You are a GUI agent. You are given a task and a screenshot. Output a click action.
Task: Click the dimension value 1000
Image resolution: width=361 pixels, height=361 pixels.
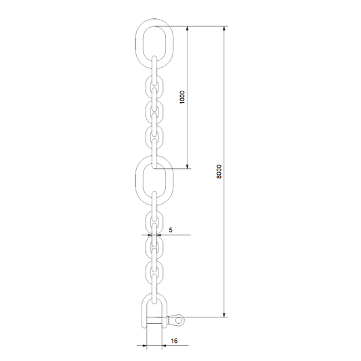[x=182, y=97]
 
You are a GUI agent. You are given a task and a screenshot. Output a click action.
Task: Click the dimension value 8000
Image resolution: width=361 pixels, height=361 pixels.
[x=219, y=171]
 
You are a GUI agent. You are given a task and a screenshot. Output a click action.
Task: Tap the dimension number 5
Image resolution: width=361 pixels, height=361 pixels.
[x=171, y=230]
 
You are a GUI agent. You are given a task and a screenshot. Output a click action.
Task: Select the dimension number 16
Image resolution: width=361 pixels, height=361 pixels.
[x=174, y=341]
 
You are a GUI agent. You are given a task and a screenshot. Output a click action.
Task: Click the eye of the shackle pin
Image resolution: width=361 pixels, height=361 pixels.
[x=179, y=320]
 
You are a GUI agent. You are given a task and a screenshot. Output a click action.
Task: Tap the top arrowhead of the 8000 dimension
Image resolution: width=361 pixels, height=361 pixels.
[x=224, y=28]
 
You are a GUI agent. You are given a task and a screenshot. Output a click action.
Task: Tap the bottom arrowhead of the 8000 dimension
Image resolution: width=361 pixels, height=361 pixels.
[x=224, y=315]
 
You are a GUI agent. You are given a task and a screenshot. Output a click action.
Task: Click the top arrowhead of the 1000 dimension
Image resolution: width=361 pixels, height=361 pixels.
[x=187, y=28]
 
